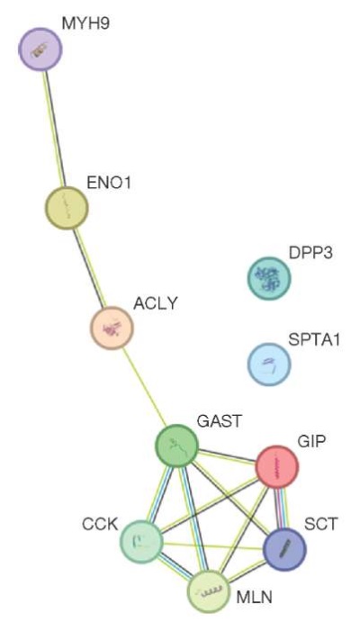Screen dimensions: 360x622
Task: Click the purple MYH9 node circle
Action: (x=40, y=50)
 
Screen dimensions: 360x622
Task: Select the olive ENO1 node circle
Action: (x=67, y=208)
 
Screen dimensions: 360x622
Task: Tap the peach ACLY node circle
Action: (x=112, y=328)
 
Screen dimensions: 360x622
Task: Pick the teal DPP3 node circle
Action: (x=269, y=278)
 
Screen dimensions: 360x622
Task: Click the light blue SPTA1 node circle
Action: (x=269, y=365)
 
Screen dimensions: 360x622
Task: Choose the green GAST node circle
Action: (x=176, y=446)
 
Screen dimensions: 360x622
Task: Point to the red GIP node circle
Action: (x=277, y=466)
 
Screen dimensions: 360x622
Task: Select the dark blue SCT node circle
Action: (x=284, y=549)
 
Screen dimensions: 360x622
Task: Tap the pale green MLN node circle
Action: (x=209, y=592)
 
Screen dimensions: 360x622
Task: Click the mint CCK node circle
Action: (x=141, y=542)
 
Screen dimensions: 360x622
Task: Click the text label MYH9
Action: (x=85, y=23)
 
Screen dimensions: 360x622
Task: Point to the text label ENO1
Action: (x=109, y=184)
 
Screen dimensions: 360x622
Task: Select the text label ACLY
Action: (x=156, y=303)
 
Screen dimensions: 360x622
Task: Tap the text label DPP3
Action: (x=310, y=253)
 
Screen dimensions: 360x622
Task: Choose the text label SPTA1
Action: (x=314, y=340)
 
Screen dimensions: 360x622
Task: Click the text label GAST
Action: (x=219, y=421)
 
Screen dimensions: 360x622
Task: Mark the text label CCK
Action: (x=100, y=524)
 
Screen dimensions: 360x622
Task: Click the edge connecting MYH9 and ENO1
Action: (x=54, y=129)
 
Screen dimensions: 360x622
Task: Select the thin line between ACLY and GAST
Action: (x=144, y=387)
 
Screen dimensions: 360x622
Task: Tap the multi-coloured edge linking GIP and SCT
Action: (x=281, y=509)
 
